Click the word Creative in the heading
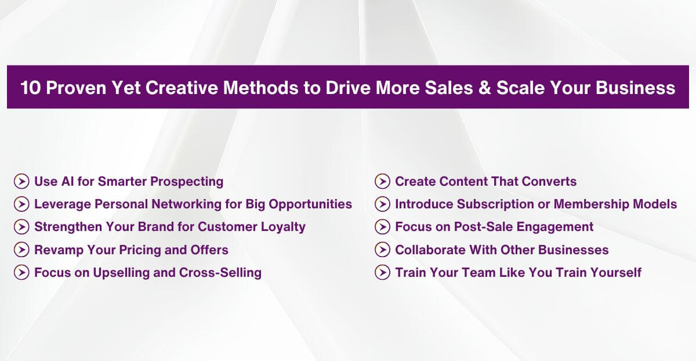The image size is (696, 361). (173, 88)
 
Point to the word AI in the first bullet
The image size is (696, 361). (67, 182)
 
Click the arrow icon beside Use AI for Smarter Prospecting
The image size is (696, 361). (21, 182)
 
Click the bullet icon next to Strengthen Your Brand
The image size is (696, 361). (21, 227)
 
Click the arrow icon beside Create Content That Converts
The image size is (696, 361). (382, 182)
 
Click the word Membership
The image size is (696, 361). (600, 204)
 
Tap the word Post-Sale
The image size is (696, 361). (481, 227)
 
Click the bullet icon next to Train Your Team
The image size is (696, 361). (382, 273)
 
